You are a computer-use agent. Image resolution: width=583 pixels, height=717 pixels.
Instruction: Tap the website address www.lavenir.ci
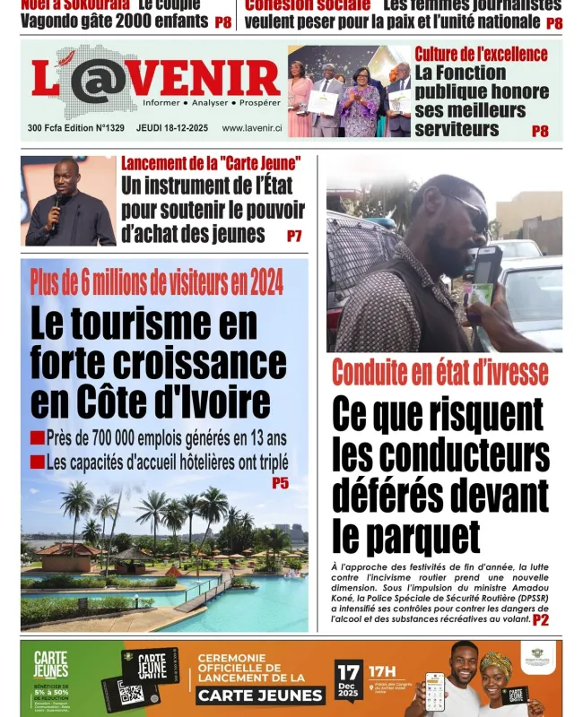pyautogui.click(x=252, y=128)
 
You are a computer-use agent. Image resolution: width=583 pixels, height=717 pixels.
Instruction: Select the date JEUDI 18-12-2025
pyautogui.click(x=172, y=128)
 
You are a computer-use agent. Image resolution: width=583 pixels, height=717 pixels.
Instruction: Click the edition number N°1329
pyautogui.click(x=104, y=128)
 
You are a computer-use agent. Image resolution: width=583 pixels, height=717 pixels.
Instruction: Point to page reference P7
pyautogui.click(x=294, y=237)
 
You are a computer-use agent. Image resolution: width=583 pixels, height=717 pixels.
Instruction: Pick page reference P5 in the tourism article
pyautogui.click(x=280, y=483)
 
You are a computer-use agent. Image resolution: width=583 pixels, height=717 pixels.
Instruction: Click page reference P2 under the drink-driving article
pyautogui.click(x=541, y=620)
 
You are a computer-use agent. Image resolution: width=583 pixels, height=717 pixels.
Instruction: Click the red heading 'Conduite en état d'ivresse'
pyautogui.click(x=439, y=372)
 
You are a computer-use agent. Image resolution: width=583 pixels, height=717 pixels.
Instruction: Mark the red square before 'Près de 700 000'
pyautogui.click(x=37, y=438)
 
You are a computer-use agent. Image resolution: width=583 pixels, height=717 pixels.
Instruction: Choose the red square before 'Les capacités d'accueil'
pyautogui.click(x=37, y=462)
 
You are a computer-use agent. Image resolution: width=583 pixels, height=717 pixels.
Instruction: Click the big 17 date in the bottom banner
pyautogui.click(x=349, y=673)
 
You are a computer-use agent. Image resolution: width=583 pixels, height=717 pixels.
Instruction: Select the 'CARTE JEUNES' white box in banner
pyautogui.click(x=260, y=695)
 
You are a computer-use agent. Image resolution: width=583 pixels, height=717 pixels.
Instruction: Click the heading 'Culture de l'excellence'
pyautogui.click(x=481, y=54)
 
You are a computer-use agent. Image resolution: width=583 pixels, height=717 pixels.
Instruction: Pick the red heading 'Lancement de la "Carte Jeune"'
pyautogui.click(x=211, y=163)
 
